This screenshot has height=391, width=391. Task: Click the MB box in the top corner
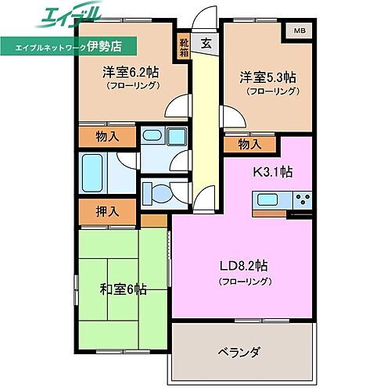[299, 31]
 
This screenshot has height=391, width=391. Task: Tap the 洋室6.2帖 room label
[130, 72]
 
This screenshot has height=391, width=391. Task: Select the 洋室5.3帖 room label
[267, 77]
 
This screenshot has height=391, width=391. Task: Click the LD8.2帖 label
[245, 265]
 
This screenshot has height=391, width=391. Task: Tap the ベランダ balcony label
[240, 351]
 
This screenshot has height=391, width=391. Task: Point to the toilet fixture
[159, 191]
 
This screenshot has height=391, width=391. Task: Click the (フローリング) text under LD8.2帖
[245, 281]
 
